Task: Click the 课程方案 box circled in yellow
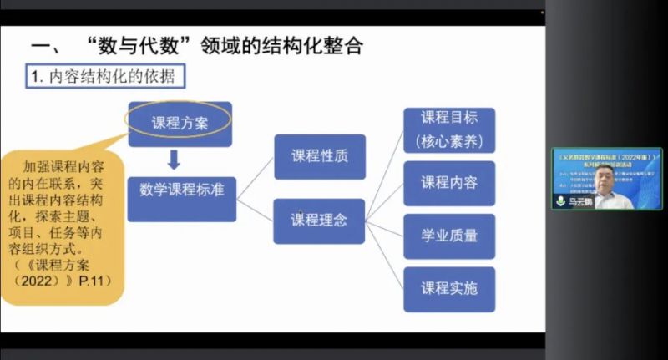(180, 123)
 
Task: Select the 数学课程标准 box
(181, 189)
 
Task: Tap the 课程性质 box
(319, 155)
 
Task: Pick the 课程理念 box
(319, 221)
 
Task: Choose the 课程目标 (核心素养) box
(449, 129)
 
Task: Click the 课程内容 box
(449, 183)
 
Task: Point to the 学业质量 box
(449, 236)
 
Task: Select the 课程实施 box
(449, 289)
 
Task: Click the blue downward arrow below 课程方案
(174, 158)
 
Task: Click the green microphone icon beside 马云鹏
(560, 202)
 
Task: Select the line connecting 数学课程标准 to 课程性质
(254, 174)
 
